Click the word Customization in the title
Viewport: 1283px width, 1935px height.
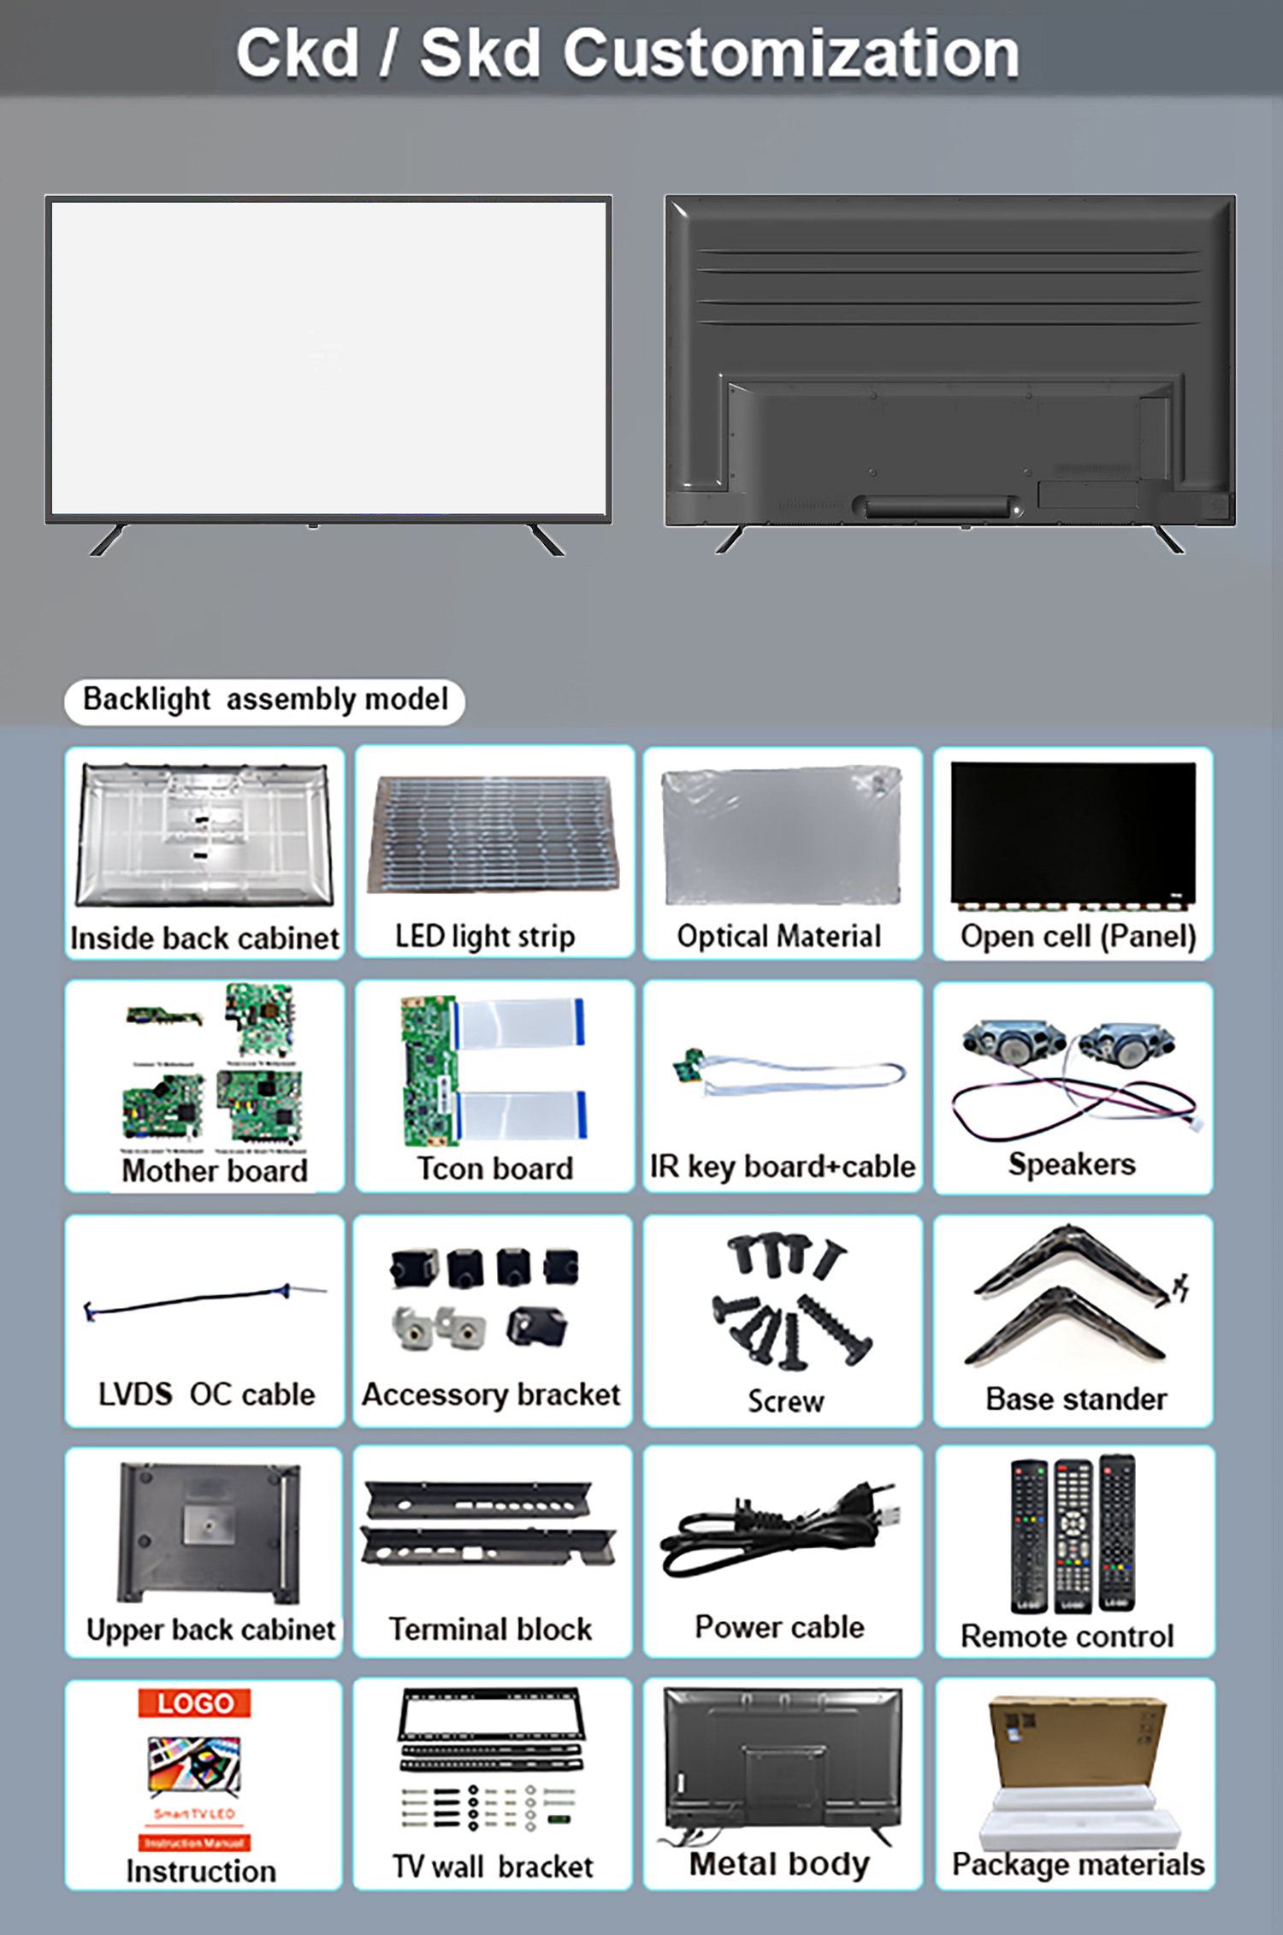[790, 53]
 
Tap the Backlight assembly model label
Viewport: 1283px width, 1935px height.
[265, 701]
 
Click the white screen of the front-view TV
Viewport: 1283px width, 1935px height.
[328, 358]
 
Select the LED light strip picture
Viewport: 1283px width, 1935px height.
[494, 834]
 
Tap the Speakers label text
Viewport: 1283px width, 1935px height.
[1072, 1164]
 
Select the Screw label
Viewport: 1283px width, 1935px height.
[785, 1401]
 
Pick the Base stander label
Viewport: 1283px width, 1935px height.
[1076, 1399]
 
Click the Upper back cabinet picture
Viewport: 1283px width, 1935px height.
[210, 1531]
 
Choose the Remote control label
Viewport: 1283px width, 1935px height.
[1067, 1636]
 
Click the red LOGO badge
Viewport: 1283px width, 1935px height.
[194, 1703]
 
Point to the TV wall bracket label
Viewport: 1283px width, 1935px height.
[493, 1866]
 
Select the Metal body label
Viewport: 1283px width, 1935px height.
[779, 1863]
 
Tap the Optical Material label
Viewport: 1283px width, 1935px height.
[778, 937]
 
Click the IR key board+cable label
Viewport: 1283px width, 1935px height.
[782, 1167]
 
